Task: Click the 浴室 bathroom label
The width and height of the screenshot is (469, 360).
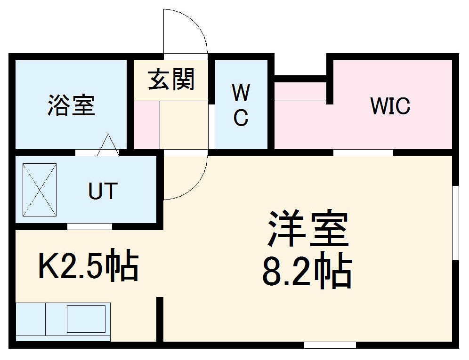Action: pyautogui.click(x=71, y=105)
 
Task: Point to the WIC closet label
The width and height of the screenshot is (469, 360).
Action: pyautogui.click(x=390, y=105)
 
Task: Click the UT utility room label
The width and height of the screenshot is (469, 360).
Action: pyautogui.click(x=102, y=191)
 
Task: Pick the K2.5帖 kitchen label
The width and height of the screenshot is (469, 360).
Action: pyautogui.click(x=88, y=267)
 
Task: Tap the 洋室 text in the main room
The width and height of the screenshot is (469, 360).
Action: pyautogui.click(x=308, y=229)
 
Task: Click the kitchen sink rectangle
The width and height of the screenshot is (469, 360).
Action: pyautogui.click(x=86, y=319)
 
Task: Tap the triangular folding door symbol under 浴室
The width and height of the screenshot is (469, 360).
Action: pyautogui.click(x=108, y=145)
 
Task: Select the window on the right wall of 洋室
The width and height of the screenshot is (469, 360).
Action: pyautogui.click(x=455, y=222)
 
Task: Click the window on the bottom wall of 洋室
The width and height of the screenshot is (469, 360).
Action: pyautogui.click(x=329, y=345)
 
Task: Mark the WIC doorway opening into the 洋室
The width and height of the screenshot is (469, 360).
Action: pyautogui.click(x=363, y=152)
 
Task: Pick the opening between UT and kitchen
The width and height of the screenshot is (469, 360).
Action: pyautogui.click(x=89, y=227)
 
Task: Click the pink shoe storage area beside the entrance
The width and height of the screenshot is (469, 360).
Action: pyautogui.click(x=146, y=124)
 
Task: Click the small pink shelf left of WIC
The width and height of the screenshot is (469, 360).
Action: pyautogui.click(x=300, y=92)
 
